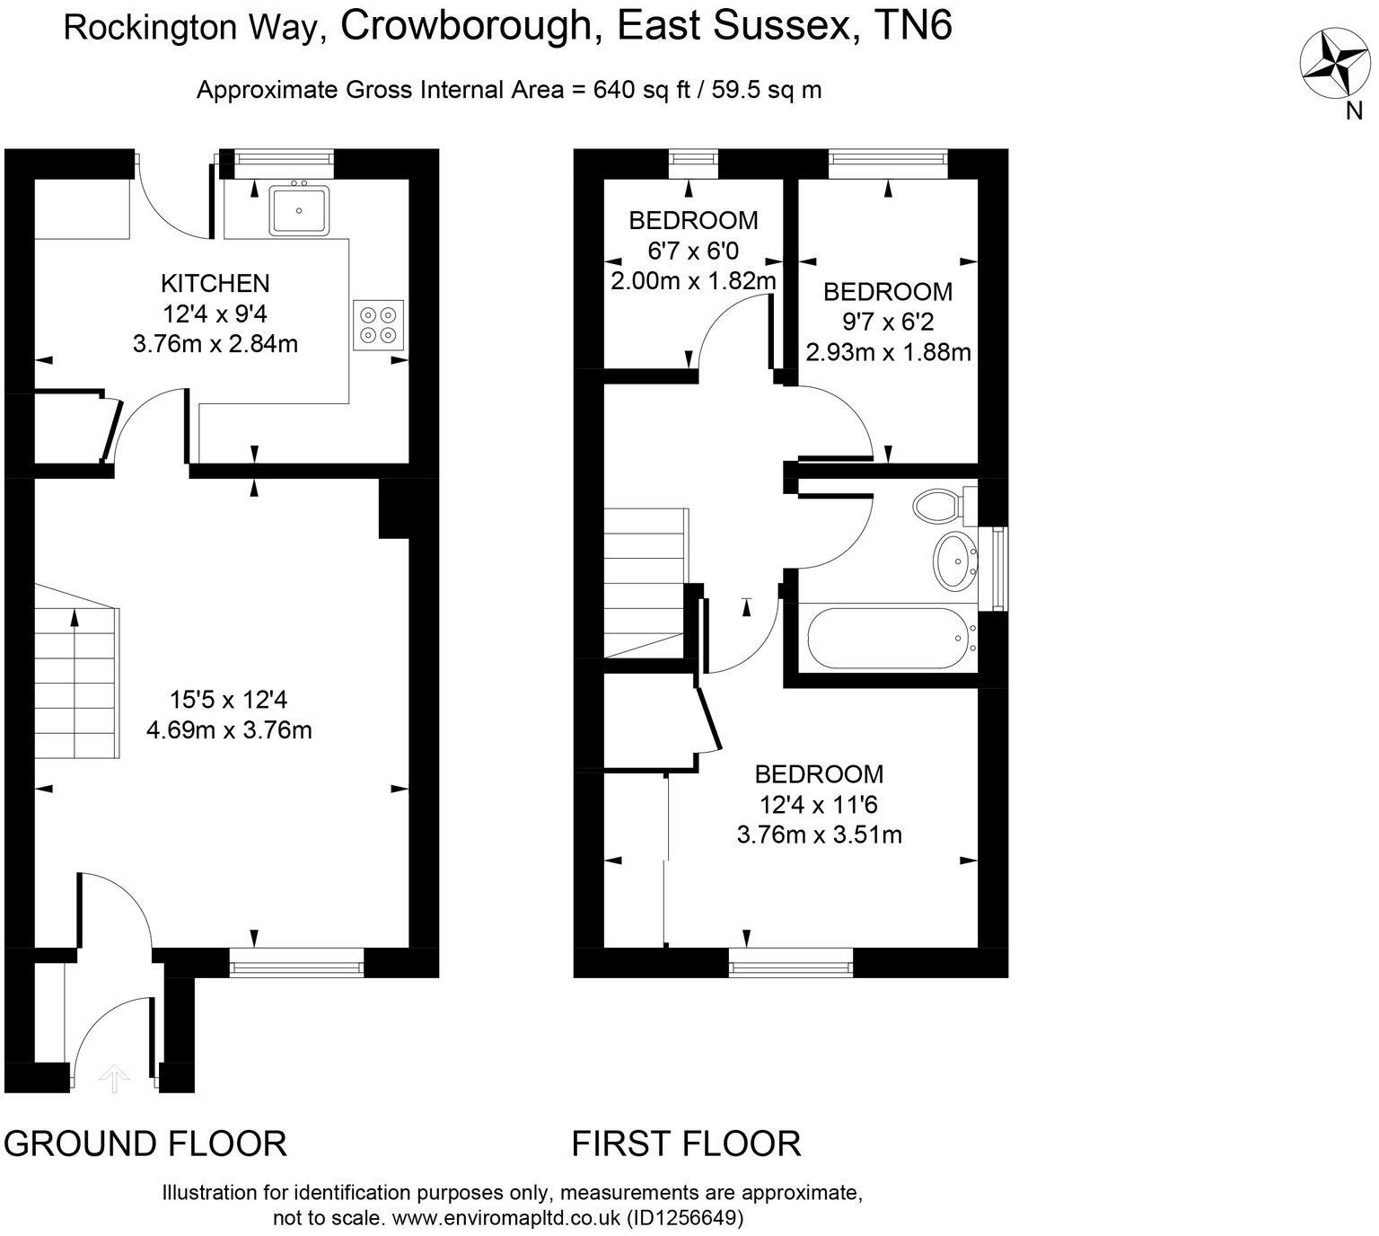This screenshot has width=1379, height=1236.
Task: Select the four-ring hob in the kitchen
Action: (378, 324)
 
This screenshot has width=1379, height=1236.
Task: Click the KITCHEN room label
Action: (215, 284)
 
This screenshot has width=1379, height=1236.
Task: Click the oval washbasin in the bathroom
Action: (955, 561)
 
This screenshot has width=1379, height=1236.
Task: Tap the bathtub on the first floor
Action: (887, 639)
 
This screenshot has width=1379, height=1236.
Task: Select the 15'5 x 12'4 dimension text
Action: (229, 700)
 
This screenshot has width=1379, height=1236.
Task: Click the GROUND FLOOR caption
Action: (145, 1143)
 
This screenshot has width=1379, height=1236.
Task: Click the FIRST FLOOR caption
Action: (687, 1143)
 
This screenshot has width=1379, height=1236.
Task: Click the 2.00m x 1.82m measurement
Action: (693, 281)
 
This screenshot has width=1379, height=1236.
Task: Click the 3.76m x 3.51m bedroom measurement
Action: (819, 835)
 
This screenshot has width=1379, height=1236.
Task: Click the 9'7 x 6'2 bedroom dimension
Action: (888, 322)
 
